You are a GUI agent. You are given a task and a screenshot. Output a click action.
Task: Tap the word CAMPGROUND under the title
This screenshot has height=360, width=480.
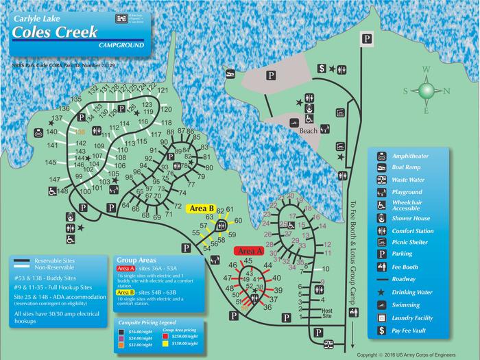tap(121, 45)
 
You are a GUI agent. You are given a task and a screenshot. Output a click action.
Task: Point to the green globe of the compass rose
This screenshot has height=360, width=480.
tap(427, 91)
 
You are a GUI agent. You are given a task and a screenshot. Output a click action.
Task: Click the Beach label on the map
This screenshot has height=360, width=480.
tap(308, 130)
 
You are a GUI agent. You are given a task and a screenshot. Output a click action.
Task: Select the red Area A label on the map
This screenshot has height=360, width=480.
tap(245, 252)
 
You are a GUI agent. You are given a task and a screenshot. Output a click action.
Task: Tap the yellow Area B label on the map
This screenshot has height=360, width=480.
tap(202, 208)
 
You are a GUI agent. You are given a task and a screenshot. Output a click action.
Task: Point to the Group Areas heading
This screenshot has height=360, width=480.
tap(138, 261)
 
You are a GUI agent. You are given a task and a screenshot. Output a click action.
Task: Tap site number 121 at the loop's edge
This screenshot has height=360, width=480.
tap(165, 91)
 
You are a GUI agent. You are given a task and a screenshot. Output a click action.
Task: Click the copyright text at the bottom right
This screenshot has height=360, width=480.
tap(416, 355)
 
